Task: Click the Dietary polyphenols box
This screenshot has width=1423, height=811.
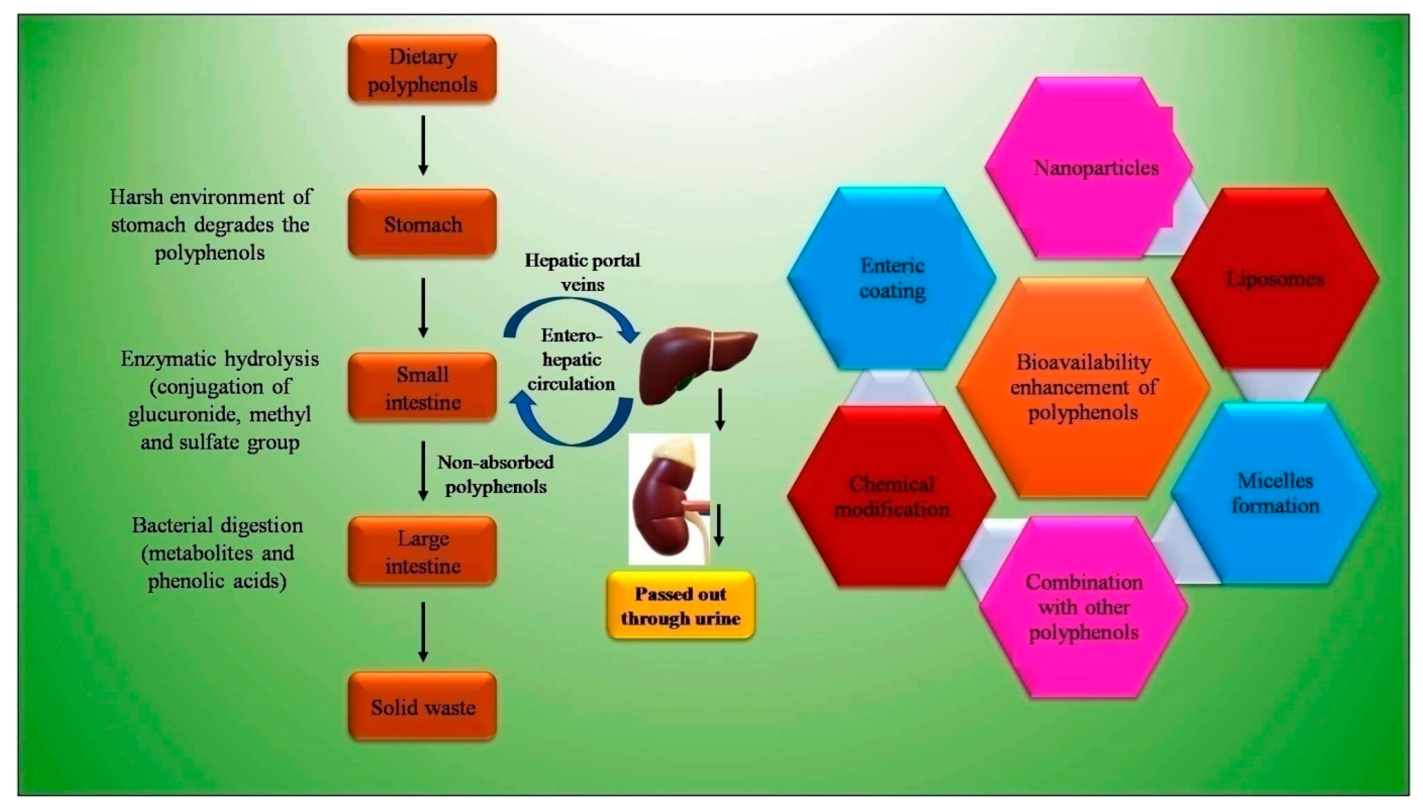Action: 422,70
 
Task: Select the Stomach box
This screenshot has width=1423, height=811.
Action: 422,223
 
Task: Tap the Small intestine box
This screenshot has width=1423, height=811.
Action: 422,387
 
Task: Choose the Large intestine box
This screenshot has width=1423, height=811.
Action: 422,551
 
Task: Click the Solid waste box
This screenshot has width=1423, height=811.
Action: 422,706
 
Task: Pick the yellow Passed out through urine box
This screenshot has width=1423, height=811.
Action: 680,605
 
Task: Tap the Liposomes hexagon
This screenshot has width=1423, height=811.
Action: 1275,278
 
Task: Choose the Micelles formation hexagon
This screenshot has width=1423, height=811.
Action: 1275,493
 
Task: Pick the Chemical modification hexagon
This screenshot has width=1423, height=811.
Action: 892,496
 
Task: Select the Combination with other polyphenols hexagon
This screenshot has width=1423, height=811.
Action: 1083,607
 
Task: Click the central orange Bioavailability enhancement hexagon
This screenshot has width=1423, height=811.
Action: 1083,387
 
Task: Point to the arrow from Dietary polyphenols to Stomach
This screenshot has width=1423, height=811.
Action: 423,145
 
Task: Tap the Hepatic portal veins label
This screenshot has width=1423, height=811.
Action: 582,272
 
